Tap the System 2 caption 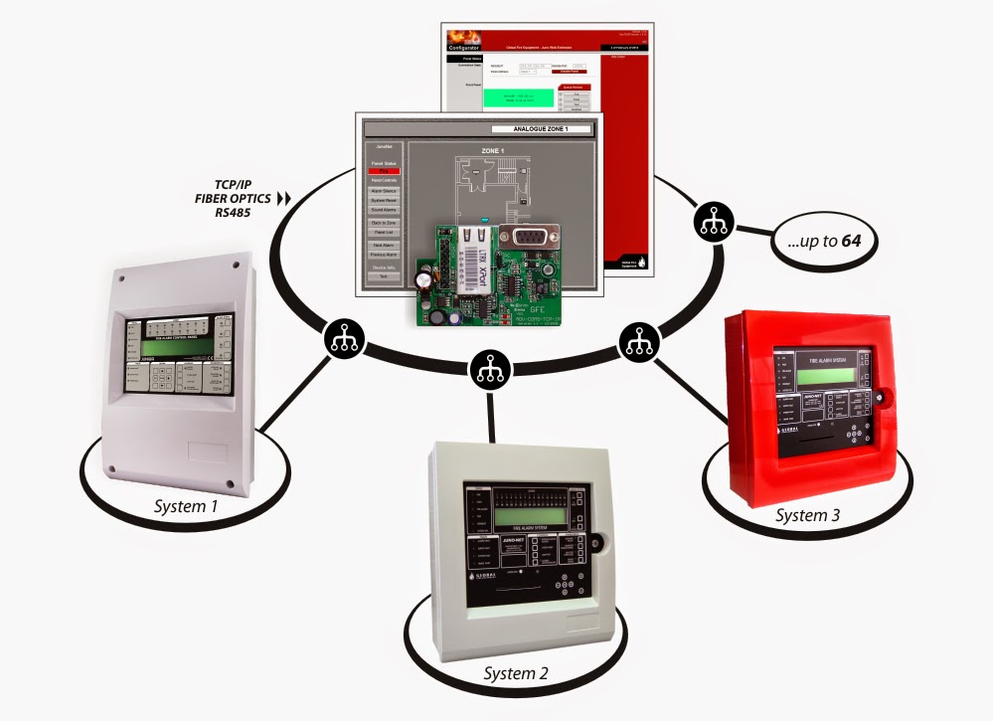pos(516,673)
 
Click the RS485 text pos(237,212)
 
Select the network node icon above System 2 pos(487,370)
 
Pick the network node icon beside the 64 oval pos(712,221)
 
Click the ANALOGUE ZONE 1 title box pos(543,129)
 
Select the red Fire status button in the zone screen pos(384,171)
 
